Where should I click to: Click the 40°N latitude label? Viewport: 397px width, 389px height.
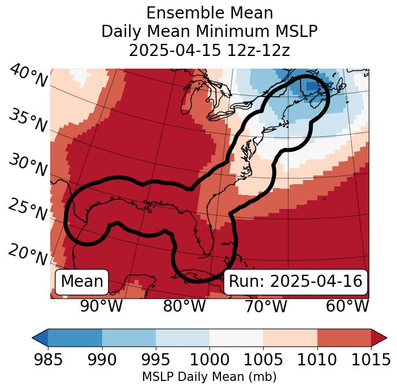coord(28,76)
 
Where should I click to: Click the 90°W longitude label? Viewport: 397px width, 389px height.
coord(101,306)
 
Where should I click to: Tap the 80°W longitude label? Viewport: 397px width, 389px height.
coord(184,306)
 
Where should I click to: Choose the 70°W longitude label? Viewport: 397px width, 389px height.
coord(265,306)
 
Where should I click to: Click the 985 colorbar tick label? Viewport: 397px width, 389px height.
coord(48,360)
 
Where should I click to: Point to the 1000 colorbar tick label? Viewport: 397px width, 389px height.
coord(209,360)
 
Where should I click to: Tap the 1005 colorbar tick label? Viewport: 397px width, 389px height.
coord(263,360)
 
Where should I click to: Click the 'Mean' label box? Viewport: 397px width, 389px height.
coord(82,282)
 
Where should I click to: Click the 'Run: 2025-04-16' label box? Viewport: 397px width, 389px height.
coord(295,282)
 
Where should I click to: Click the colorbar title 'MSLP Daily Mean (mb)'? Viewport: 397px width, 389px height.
coord(209,377)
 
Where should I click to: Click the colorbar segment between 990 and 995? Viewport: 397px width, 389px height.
coord(129,338)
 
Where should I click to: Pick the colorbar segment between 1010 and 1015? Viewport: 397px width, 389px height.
coord(344,338)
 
